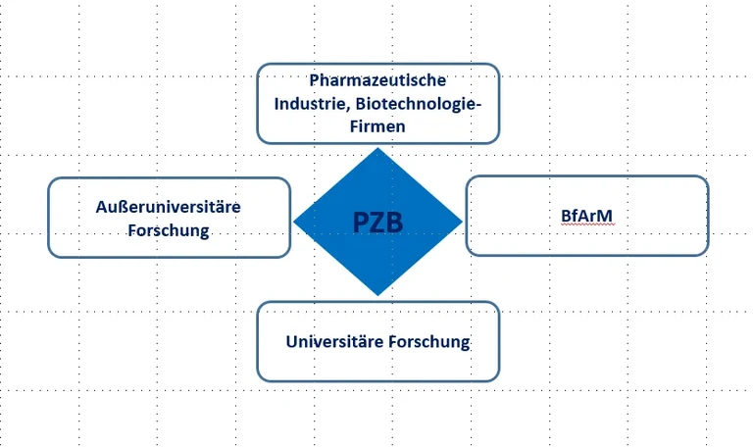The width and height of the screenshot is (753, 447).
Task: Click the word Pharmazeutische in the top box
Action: coord(377,80)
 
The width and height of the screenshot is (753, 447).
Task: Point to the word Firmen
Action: coord(377,126)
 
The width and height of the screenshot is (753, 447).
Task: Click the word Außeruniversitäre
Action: coord(169,207)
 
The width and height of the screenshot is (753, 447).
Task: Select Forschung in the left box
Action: coord(169,230)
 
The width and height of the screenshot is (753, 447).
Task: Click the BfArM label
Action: coord(586,215)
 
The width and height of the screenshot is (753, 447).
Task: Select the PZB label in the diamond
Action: coord(378,223)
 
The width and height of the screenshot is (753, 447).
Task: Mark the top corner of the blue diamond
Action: coord(377,148)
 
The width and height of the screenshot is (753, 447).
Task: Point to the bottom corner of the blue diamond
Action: coord(377,295)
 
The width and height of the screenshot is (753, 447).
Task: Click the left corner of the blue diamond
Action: coord(294,222)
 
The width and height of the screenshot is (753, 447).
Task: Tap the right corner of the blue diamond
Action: coord(462,222)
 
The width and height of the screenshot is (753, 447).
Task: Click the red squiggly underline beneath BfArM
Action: coord(586,224)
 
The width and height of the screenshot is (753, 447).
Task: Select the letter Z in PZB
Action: coord(378,223)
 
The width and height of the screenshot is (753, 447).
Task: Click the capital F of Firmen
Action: coord(354,126)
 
